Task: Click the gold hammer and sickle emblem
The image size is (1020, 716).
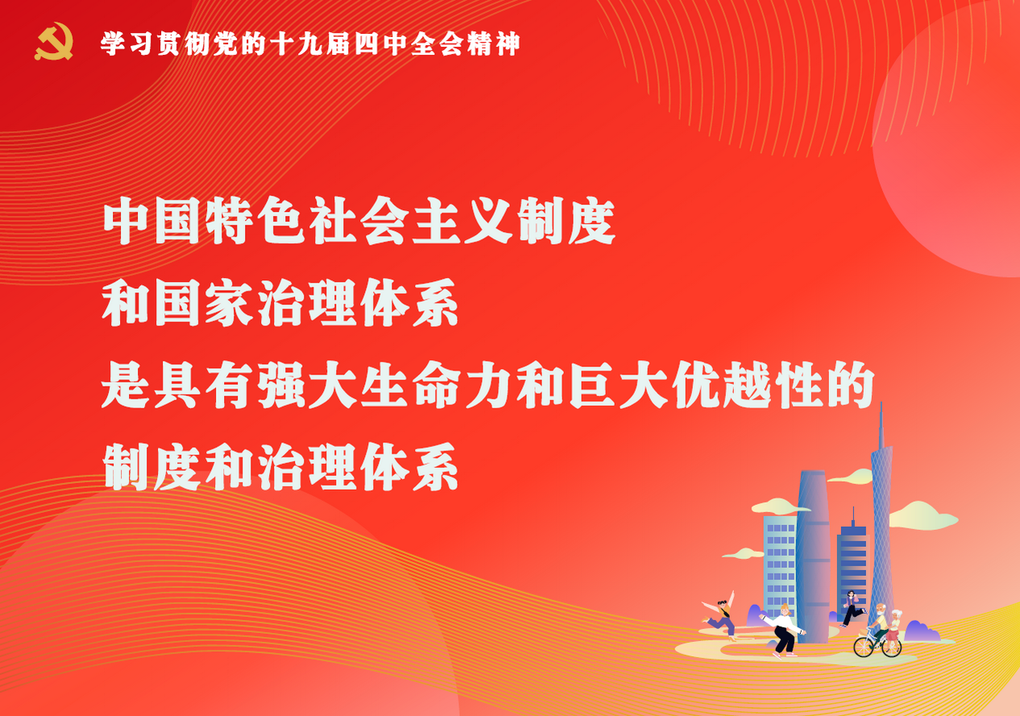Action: (x=54, y=41)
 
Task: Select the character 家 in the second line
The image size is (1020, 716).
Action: (x=229, y=303)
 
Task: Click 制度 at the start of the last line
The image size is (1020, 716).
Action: (x=151, y=466)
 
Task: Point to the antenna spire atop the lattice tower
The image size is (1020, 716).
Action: (x=881, y=425)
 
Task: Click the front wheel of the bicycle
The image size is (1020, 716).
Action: (x=864, y=647)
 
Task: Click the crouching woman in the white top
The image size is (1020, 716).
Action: (x=784, y=631)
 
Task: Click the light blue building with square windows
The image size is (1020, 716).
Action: (x=780, y=569)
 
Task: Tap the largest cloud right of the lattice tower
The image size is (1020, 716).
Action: (x=922, y=516)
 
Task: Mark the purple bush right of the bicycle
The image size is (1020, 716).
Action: (x=921, y=631)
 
